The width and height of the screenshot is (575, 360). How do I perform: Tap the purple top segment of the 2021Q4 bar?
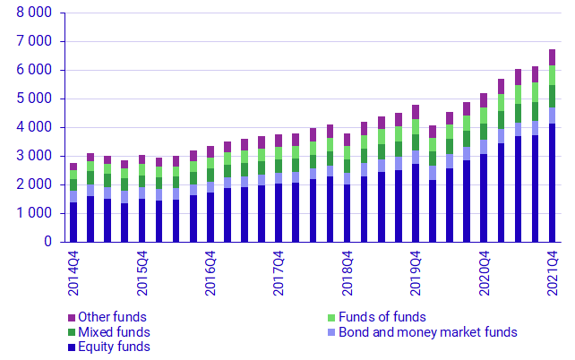[x=553, y=57]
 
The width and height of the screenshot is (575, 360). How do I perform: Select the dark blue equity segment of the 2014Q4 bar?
[x=73, y=222]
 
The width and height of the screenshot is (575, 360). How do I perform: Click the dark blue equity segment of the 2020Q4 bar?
[x=484, y=198]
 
